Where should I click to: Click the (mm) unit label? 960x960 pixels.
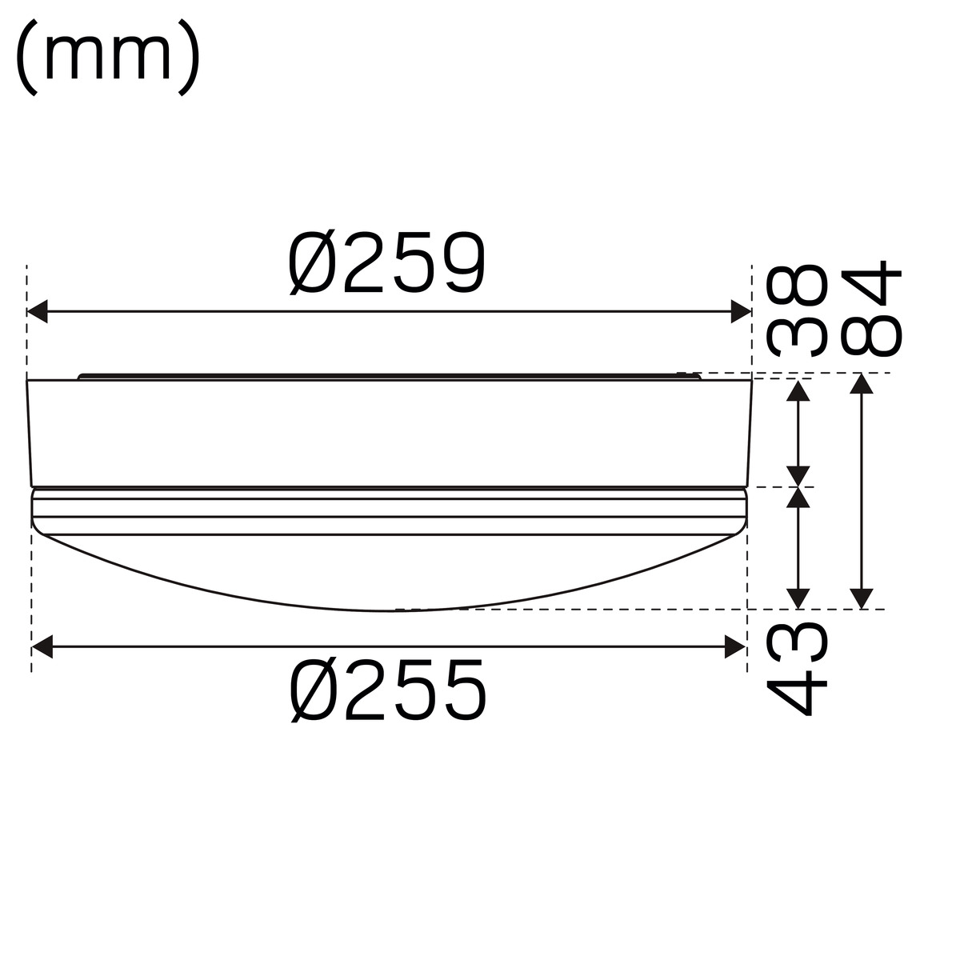(108, 57)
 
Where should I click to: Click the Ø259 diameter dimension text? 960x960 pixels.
(386, 263)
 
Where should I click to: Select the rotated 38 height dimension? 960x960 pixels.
(796, 310)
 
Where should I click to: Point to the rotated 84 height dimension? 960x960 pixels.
(871, 308)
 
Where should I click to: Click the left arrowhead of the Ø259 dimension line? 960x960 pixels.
(38, 311)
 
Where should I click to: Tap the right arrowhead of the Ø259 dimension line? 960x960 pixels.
(741, 311)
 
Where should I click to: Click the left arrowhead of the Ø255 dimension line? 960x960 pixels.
(42, 646)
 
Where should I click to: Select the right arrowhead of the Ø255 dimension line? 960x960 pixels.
(735, 646)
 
